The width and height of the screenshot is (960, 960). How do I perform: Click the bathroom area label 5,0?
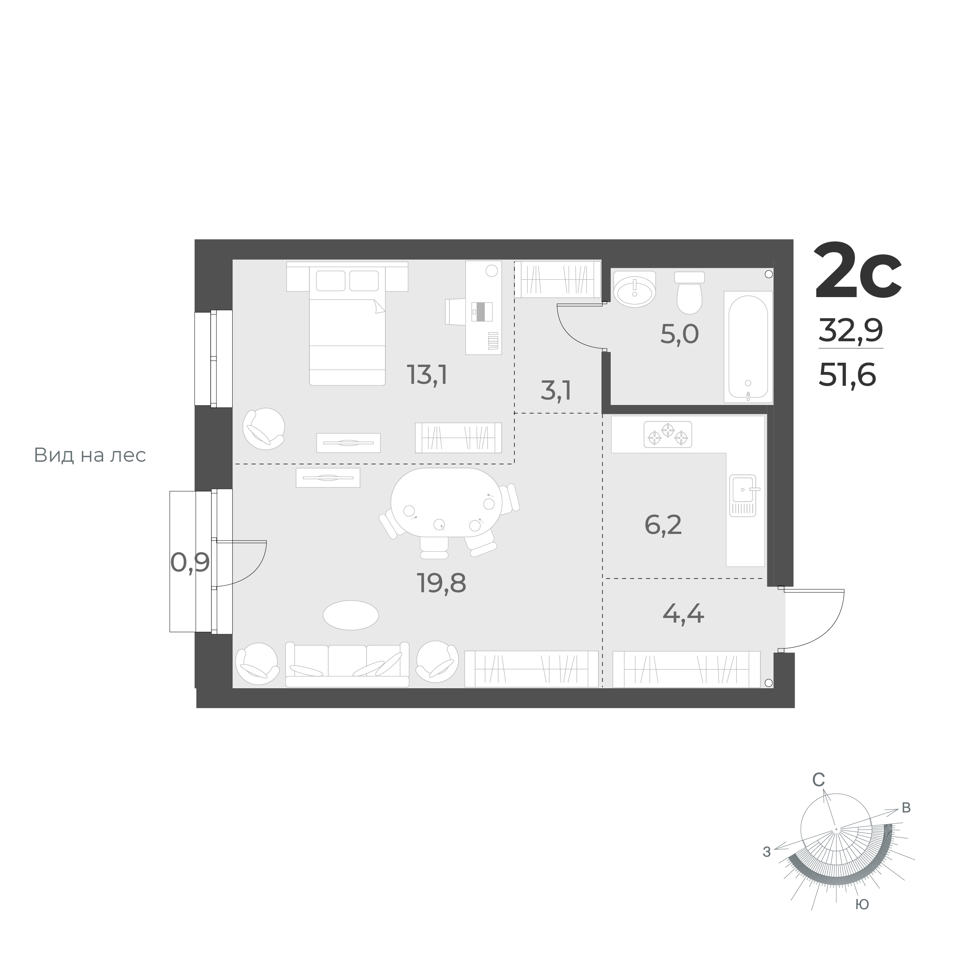(679, 334)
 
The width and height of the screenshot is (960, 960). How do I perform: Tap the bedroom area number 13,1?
(427, 375)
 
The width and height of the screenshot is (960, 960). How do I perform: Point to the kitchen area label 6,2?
(663, 525)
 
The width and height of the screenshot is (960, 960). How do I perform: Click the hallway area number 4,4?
(683, 614)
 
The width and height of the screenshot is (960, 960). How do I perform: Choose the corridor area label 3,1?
(555, 390)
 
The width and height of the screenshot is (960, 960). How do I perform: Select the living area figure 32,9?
(850, 330)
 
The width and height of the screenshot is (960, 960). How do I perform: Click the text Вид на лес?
(90, 455)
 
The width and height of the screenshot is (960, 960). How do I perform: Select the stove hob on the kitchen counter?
(668, 435)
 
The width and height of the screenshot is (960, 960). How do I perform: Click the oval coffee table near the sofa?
(351, 615)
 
